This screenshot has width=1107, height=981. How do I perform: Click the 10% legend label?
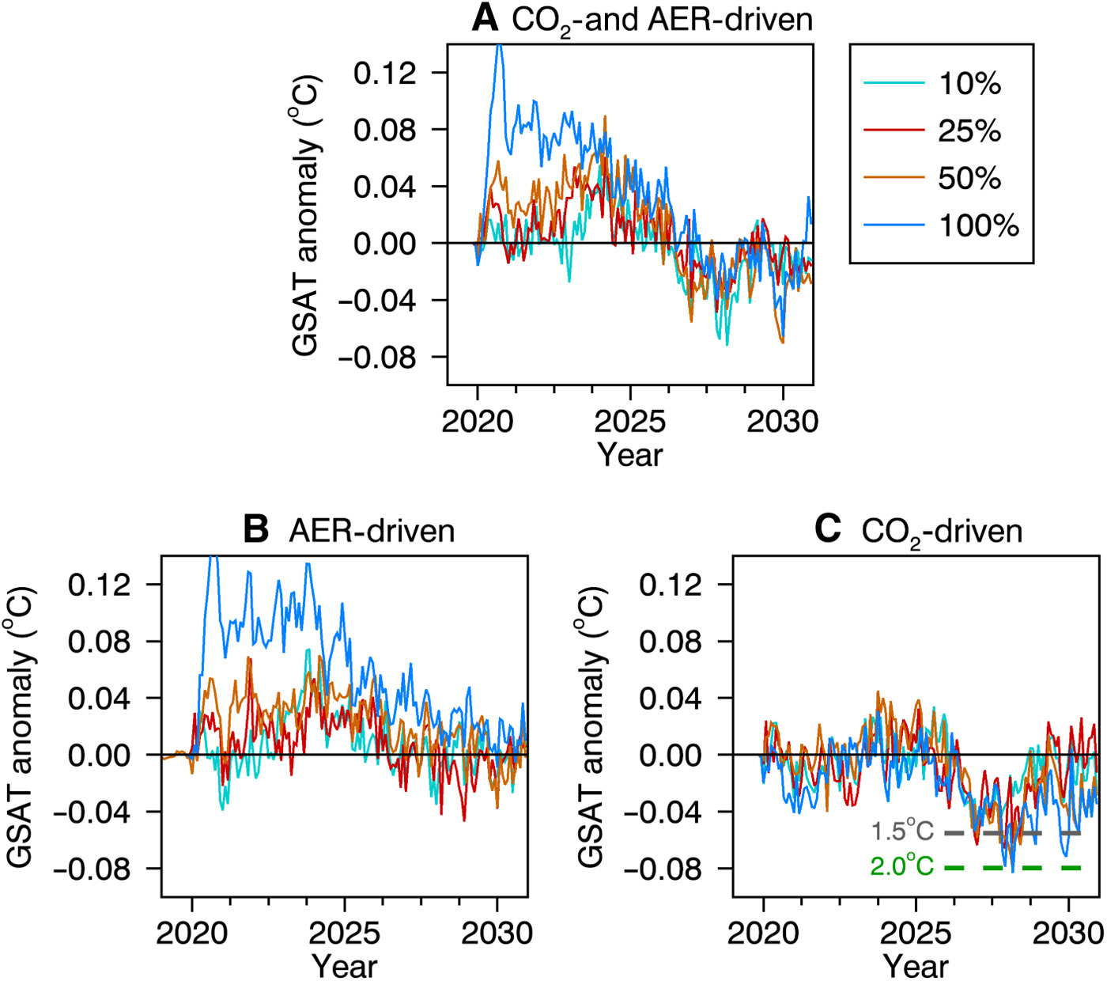(969, 83)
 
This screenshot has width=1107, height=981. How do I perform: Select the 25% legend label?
(969, 131)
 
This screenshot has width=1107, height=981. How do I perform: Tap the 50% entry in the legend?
(969, 178)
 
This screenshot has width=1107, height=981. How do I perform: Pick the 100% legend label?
(979, 225)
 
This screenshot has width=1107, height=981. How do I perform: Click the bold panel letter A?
(485, 17)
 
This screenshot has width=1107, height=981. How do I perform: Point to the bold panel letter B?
(256, 528)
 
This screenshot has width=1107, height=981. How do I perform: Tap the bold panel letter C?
(827, 528)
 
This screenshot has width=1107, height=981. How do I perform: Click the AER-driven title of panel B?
(372, 530)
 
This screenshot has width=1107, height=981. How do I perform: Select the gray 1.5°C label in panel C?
(902, 831)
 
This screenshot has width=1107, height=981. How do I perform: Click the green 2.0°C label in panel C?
(902, 867)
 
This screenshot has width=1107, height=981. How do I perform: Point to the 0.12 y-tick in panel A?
(384, 73)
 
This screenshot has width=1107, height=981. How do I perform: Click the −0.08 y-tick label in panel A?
(376, 357)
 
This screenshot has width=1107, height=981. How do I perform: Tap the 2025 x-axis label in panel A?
(629, 421)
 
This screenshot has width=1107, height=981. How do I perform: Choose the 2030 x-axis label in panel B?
(497, 933)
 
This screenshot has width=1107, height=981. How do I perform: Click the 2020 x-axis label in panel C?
(763, 933)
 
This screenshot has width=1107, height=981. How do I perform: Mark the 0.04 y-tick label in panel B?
(99, 698)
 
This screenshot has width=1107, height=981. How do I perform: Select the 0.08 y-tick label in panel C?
(670, 641)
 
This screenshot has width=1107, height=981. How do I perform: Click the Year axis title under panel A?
(629, 454)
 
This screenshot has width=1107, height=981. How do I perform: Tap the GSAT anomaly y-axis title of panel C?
(592, 726)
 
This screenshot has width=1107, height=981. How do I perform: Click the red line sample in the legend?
(894, 131)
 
